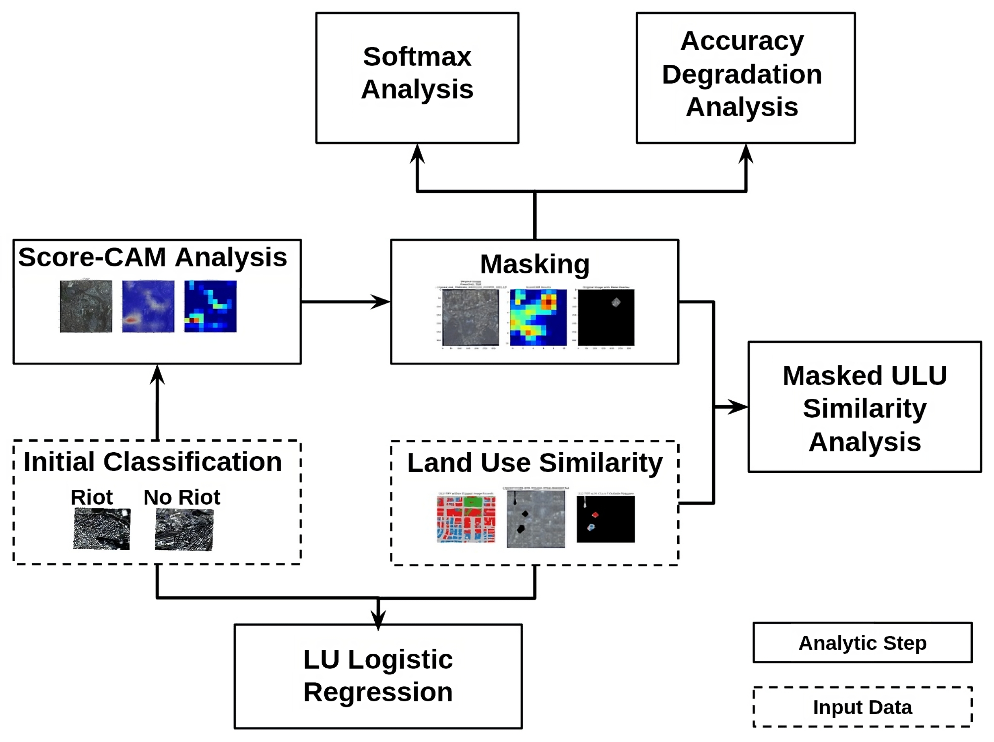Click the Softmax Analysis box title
(x=417, y=73)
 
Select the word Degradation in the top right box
(x=742, y=74)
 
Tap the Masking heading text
(x=534, y=264)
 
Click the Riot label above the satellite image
(x=92, y=497)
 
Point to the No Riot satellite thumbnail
(x=184, y=529)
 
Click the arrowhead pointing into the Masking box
(x=382, y=302)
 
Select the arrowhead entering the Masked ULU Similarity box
(x=739, y=407)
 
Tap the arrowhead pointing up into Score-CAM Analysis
(x=157, y=374)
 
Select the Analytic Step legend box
(x=862, y=643)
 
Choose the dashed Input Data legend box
(x=862, y=707)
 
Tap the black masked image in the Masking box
(x=606, y=317)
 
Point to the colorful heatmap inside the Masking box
(x=538, y=317)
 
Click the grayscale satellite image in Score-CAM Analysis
(x=86, y=306)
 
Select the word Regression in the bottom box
(x=378, y=692)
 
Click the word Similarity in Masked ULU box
(x=864, y=408)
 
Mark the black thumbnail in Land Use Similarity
(x=606, y=519)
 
